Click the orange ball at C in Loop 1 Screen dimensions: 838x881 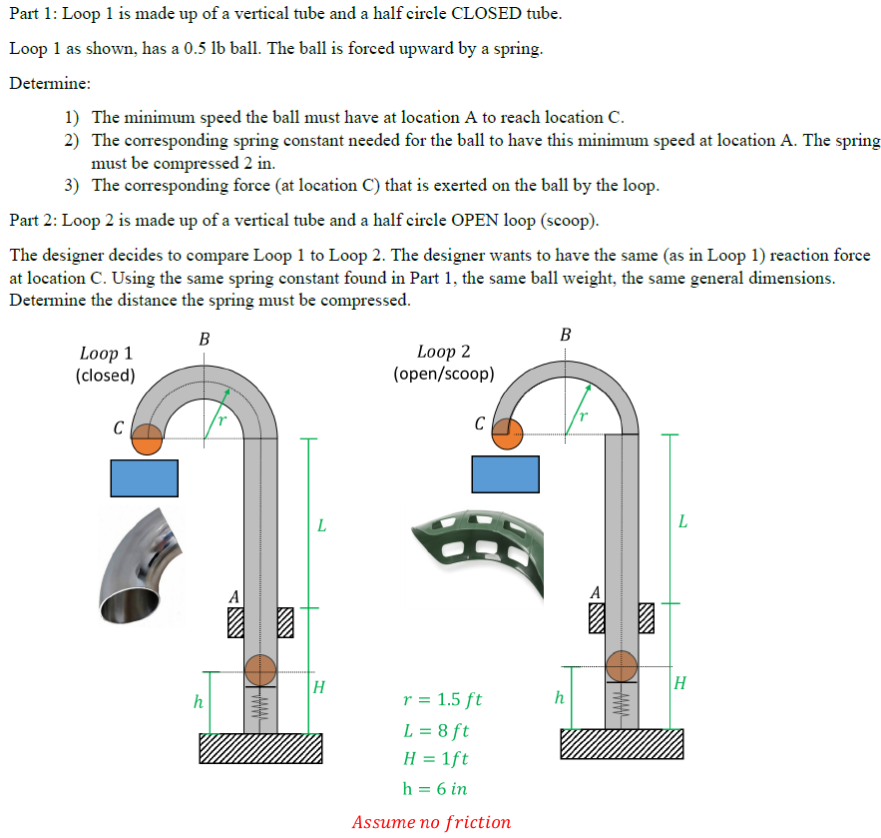click(148, 439)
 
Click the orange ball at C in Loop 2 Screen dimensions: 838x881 click(508, 432)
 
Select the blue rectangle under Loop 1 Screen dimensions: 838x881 click(145, 477)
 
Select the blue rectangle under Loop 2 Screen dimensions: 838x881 click(505, 473)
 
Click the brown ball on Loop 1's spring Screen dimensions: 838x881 click(260, 668)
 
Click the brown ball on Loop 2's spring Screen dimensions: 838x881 click(622, 664)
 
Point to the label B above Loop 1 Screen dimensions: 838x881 click(205, 340)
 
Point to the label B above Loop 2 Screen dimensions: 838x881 click(566, 335)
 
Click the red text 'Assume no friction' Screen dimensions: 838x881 click(431, 822)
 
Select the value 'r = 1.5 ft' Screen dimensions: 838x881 click(442, 699)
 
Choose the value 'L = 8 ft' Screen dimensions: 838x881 click(435, 730)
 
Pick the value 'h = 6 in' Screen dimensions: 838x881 click(434, 788)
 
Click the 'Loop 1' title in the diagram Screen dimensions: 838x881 click(106, 354)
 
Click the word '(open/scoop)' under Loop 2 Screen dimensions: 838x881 click(443, 374)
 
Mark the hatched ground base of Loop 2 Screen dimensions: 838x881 click(622, 744)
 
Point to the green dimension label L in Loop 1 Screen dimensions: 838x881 click(321, 524)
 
